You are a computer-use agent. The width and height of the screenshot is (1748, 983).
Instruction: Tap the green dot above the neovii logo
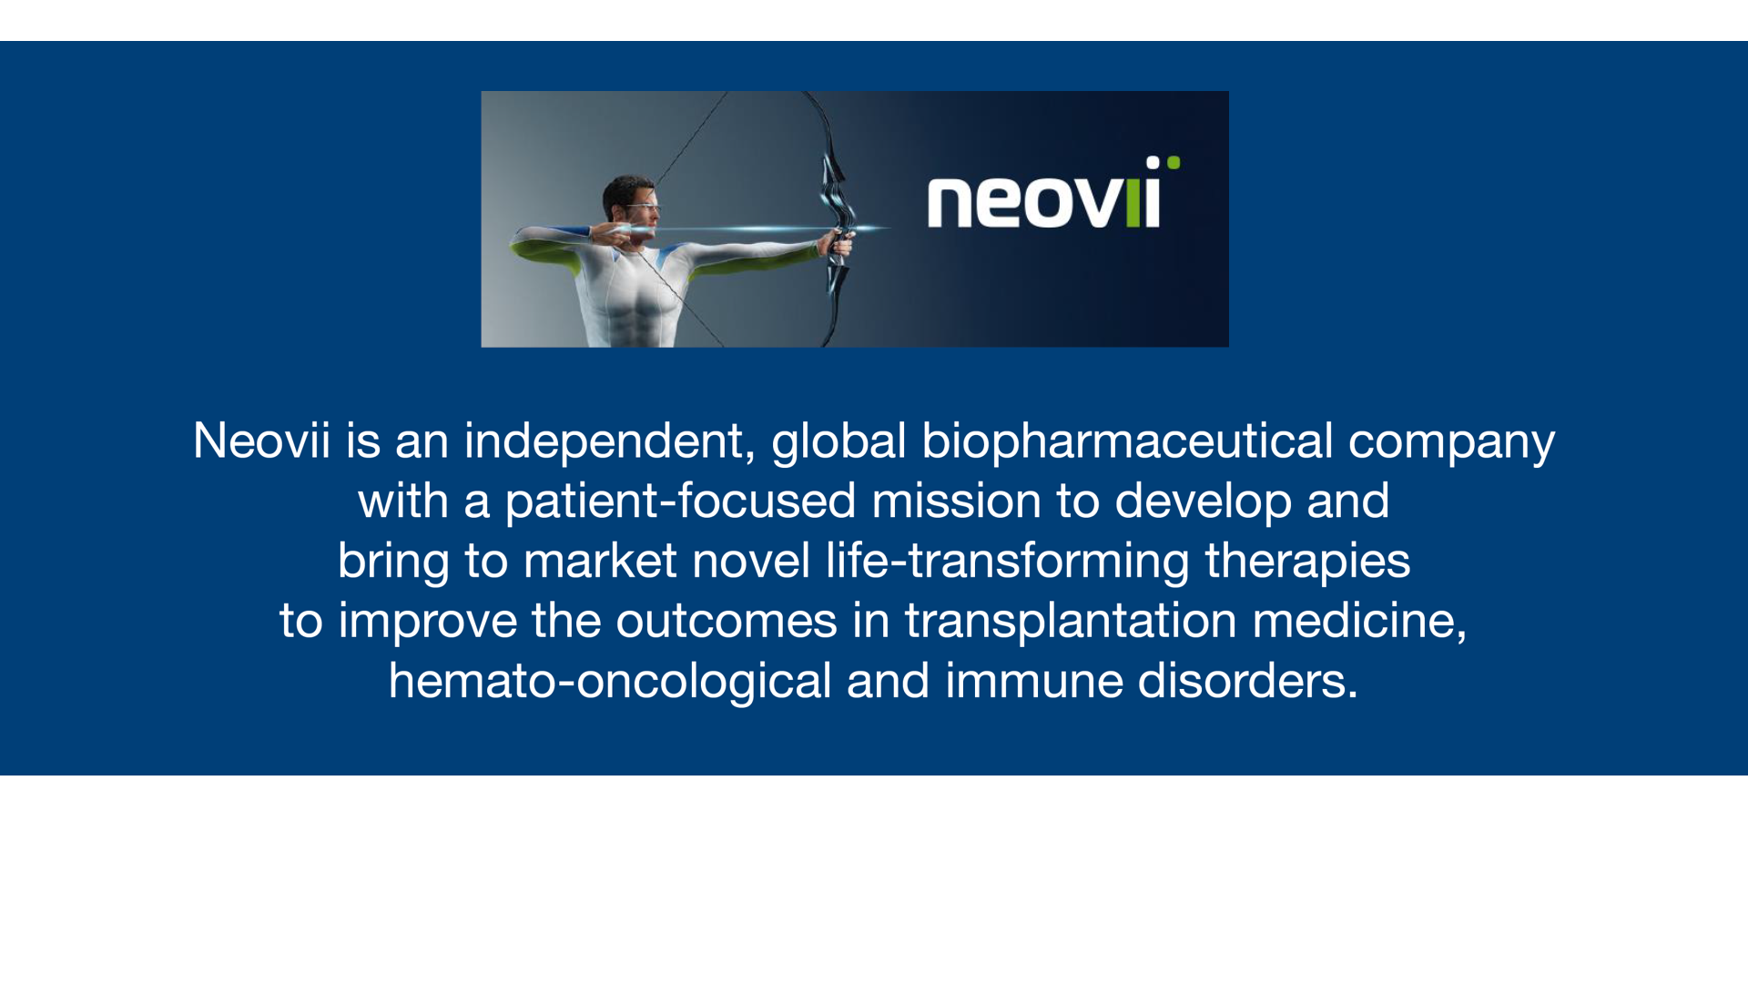[1174, 163]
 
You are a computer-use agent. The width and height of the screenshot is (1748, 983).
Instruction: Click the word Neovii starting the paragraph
[261, 441]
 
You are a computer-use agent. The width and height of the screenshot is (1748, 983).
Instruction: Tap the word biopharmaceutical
[1127, 441]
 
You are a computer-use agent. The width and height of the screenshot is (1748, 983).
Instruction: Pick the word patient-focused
[681, 502]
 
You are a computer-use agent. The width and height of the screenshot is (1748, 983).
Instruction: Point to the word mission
[957, 501]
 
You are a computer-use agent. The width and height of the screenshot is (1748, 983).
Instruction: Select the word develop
[1203, 502]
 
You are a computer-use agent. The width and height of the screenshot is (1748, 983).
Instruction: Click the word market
[600, 561]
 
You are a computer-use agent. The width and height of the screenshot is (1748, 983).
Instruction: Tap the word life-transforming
[1008, 561]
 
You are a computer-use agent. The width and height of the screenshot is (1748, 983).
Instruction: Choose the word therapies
[1307, 562]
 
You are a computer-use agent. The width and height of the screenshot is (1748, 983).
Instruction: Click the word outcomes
[727, 622]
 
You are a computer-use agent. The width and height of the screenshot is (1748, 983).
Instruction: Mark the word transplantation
[1071, 622]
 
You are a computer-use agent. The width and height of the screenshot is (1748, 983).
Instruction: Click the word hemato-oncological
[610, 682]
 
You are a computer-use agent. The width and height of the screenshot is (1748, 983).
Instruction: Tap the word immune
[1034, 682]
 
